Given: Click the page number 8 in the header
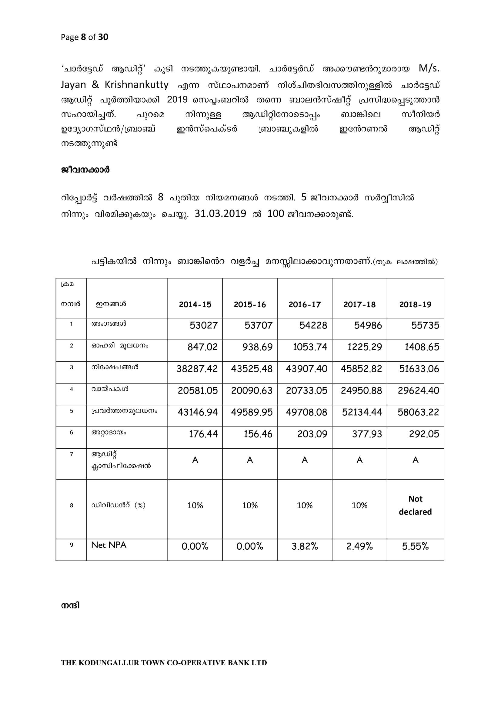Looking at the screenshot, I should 83,37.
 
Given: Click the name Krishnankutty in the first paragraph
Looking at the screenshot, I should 136,84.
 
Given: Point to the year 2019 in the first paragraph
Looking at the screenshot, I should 177,100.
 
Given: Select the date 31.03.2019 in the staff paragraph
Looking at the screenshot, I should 220,213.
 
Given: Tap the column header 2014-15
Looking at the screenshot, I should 195,305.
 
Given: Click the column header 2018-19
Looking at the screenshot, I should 415,305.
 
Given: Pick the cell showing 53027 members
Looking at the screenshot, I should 203,325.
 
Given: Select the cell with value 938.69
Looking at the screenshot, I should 257,347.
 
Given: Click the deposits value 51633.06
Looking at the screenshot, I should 419,369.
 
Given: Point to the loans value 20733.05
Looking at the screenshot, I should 306,391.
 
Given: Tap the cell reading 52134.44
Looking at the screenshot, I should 362,412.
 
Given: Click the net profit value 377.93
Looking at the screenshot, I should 367,434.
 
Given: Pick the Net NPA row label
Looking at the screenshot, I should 109,545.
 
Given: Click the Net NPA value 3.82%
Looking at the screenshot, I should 305,546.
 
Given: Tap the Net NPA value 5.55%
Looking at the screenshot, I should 415,546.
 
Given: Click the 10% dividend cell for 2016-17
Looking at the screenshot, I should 305,505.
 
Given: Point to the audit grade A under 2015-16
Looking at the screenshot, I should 250,460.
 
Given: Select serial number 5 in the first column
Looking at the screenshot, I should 71,411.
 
